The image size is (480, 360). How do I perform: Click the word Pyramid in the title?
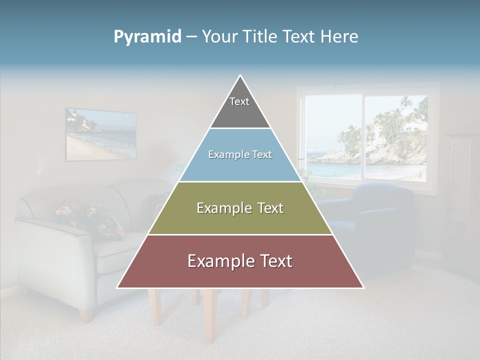(x=147, y=37)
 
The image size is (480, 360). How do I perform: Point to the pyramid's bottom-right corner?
(x=363, y=287)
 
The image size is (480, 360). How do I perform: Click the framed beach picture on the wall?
(x=101, y=134)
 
